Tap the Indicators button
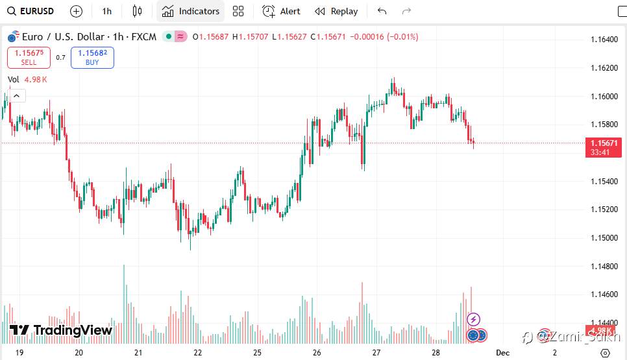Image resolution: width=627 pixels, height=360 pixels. point(191,11)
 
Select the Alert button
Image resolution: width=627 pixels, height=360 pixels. point(281,11)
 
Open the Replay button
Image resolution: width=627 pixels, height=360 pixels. point(336,11)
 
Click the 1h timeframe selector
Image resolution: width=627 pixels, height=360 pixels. point(107,11)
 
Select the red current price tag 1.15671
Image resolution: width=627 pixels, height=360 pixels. point(604,143)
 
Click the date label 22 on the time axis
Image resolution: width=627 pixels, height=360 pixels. point(197,353)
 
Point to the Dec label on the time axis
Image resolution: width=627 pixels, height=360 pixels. point(502,353)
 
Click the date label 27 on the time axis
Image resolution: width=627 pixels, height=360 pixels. point(376,353)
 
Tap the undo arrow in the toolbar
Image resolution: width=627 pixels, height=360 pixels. point(382,11)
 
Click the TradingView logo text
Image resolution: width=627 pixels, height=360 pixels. point(73,330)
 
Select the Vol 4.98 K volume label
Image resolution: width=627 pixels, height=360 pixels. point(27,80)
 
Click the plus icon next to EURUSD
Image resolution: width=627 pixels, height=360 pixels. point(76,11)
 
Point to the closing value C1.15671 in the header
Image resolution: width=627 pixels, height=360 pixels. point(328,37)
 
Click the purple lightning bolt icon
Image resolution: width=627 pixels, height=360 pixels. point(474,319)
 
